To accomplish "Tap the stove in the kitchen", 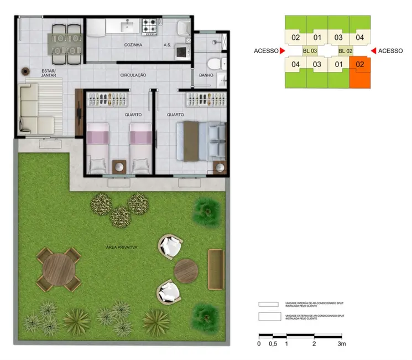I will click(150, 25).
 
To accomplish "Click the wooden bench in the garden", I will click(215, 269).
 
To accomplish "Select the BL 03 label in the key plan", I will click(310, 51).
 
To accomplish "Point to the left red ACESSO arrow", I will click(283, 51).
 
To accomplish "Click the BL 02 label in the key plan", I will click(346, 51).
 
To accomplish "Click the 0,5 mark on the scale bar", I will click(273, 344).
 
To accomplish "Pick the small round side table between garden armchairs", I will click(186, 270).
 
